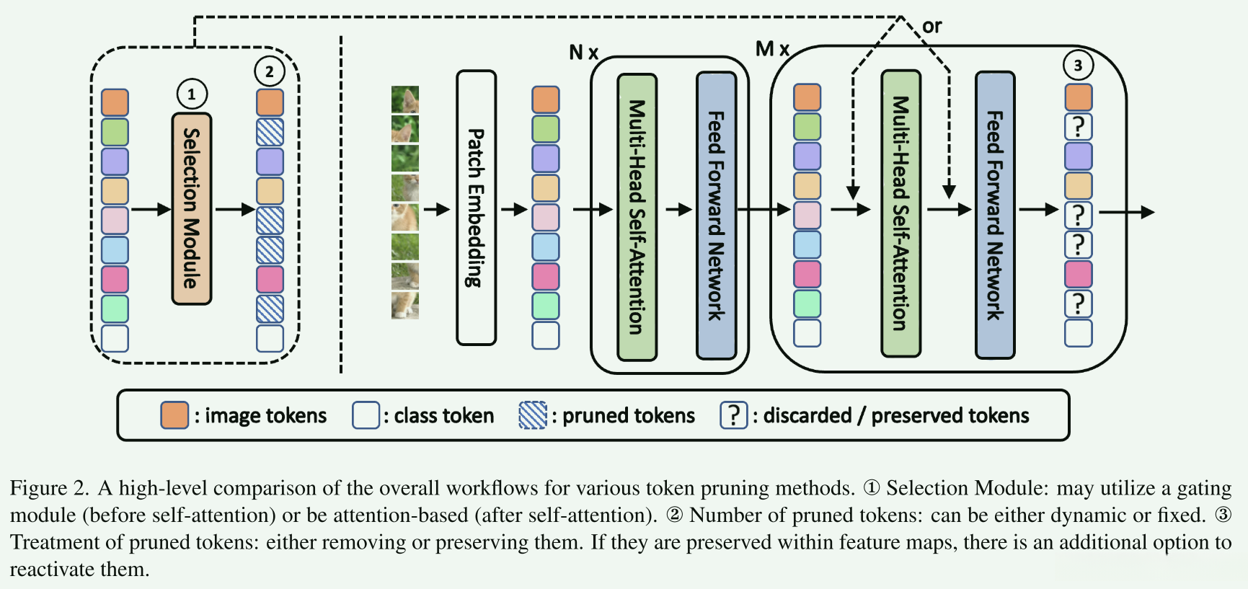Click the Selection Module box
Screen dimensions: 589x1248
(191, 208)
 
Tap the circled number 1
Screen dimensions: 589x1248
(192, 94)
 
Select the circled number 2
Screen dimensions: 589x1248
(270, 71)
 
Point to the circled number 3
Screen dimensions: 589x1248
(1078, 66)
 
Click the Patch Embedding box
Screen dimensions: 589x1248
(476, 208)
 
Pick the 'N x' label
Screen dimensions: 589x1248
(583, 53)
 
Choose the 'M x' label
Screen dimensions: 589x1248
(772, 49)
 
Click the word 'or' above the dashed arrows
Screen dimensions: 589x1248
(931, 27)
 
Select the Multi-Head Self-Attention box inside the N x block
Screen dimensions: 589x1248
(637, 216)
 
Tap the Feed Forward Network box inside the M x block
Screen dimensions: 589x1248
(995, 215)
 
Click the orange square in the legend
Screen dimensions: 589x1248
(174, 415)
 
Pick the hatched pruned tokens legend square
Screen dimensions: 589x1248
(533, 415)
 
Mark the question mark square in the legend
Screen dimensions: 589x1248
(733, 415)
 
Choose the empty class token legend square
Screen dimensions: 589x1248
(366, 415)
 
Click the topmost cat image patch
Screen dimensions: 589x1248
(405, 99)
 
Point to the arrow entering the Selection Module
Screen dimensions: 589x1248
(151, 210)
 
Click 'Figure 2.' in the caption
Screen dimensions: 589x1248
(48, 488)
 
